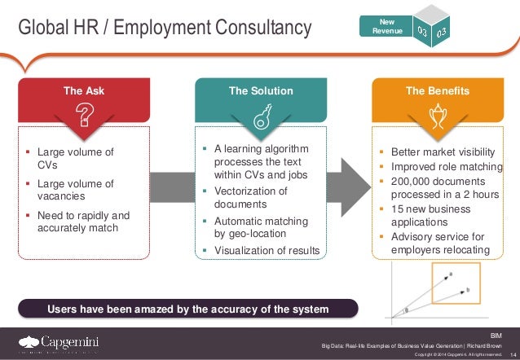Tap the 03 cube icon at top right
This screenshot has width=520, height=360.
(435, 30)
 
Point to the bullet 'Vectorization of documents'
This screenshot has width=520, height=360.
(250, 197)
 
